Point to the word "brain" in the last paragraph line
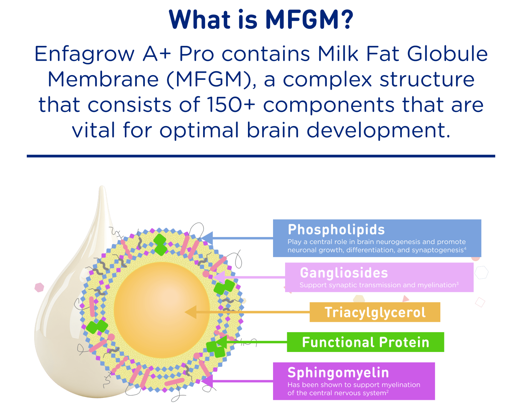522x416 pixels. [x=272, y=130]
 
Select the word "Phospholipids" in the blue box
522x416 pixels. [x=336, y=230]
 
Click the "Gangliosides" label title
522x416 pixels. [x=344, y=273]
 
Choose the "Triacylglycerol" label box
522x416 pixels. [x=375, y=312]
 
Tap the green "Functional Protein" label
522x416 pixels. [x=365, y=342]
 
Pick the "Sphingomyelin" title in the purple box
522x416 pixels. [x=338, y=373]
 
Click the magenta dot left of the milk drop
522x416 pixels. [x=39, y=287]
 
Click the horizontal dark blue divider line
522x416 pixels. [x=261, y=156]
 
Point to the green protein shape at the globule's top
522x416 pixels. [x=160, y=244]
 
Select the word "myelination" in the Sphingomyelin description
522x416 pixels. [x=401, y=385]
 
